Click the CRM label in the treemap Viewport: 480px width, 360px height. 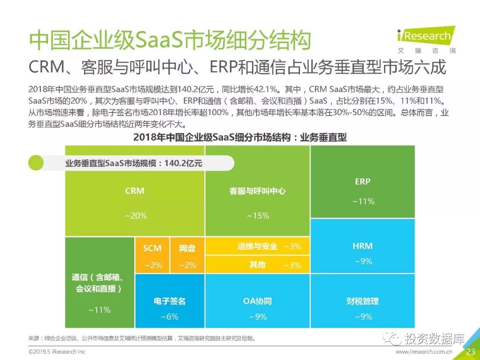pyautogui.click(x=135, y=191)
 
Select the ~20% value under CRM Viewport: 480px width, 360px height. pyautogui.click(x=136, y=216)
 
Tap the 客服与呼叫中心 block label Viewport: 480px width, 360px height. pyautogui.click(x=257, y=191)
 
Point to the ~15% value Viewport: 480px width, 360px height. pyautogui.click(x=258, y=216)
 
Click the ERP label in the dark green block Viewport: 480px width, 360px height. pyautogui.click(x=363, y=181)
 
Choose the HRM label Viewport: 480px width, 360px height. pyautogui.click(x=363, y=246)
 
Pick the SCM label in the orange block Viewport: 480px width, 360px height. pyautogui.click(x=152, y=248)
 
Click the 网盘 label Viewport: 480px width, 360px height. pyautogui.click(x=187, y=248)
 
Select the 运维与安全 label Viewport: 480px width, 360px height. pyautogui.click(x=257, y=246)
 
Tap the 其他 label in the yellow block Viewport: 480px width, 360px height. pyautogui.click(x=257, y=265)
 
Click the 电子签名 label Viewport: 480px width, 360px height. pyautogui.click(x=169, y=301)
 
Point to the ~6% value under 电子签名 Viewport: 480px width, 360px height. pyautogui.click(x=169, y=317)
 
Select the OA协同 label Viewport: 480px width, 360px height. pyautogui.click(x=257, y=301)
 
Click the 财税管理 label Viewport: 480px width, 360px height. pyautogui.click(x=363, y=301)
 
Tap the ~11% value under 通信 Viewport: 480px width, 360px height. pyautogui.click(x=100, y=310)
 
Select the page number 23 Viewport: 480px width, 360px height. pyautogui.click(x=470, y=352)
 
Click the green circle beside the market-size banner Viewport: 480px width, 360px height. pyautogui.click(x=36, y=163)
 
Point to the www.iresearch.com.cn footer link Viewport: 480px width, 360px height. pyautogui.click(x=424, y=352)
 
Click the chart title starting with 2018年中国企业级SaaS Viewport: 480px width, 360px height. pyautogui.click(x=240, y=137)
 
